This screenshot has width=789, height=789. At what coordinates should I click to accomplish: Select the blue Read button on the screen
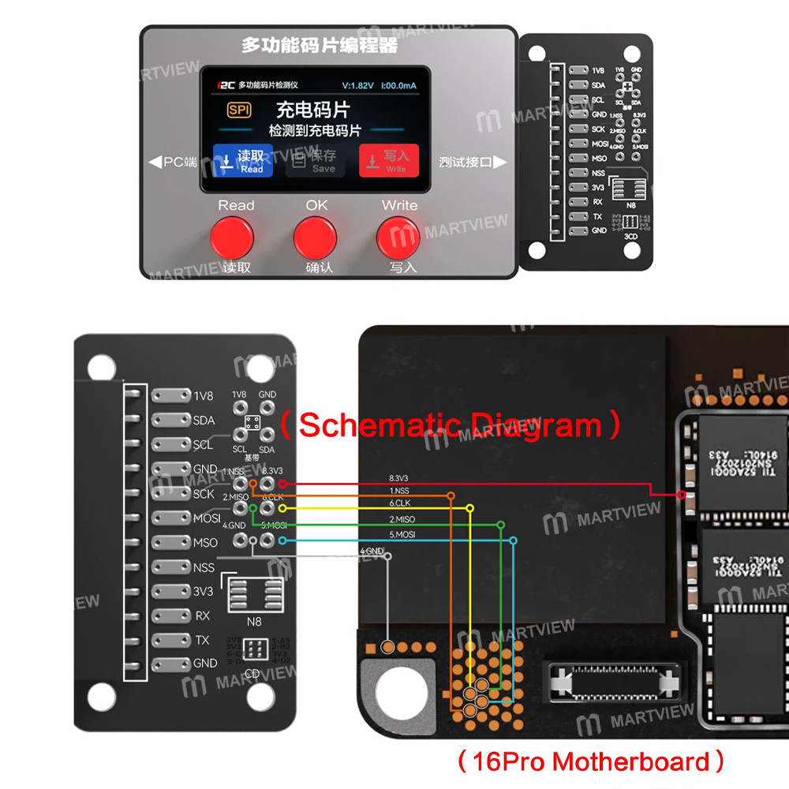(x=243, y=161)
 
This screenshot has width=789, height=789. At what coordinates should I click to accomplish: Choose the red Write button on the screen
(x=388, y=161)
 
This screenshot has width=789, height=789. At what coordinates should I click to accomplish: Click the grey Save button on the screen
(x=316, y=161)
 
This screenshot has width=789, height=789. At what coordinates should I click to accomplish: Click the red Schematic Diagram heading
(x=451, y=425)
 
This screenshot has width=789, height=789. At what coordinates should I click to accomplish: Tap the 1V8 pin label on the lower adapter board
(x=204, y=396)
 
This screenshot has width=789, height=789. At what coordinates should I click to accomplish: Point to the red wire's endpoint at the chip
(x=682, y=495)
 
